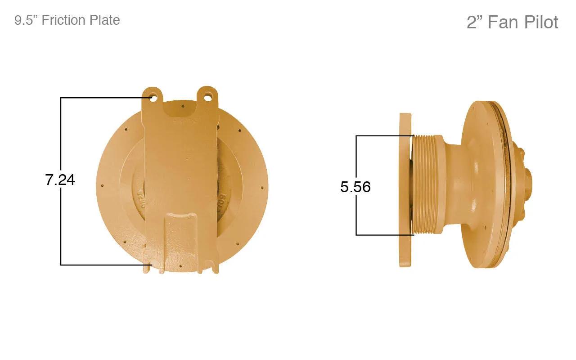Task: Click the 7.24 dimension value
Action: pyautogui.click(x=60, y=180)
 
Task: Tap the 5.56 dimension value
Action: pyautogui.click(x=355, y=187)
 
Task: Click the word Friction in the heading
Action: pyautogui.click(x=63, y=20)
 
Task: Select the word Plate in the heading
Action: pyautogui.click(x=104, y=20)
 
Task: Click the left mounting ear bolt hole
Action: pyautogui.click(x=153, y=99)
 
